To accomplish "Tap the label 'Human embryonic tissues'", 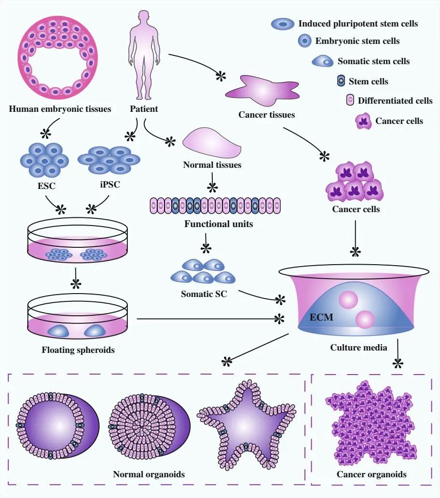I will click(x=60, y=109).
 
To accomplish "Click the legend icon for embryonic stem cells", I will click(x=304, y=41).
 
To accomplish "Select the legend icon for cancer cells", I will click(x=364, y=121).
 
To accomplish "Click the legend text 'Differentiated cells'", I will click(x=395, y=101).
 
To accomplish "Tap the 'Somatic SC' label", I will click(x=204, y=293).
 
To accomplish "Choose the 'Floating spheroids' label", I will click(x=78, y=350).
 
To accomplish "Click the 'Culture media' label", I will click(x=358, y=347).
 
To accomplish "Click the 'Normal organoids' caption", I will click(x=149, y=474).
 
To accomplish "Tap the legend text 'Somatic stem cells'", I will click(x=373, y=61).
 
